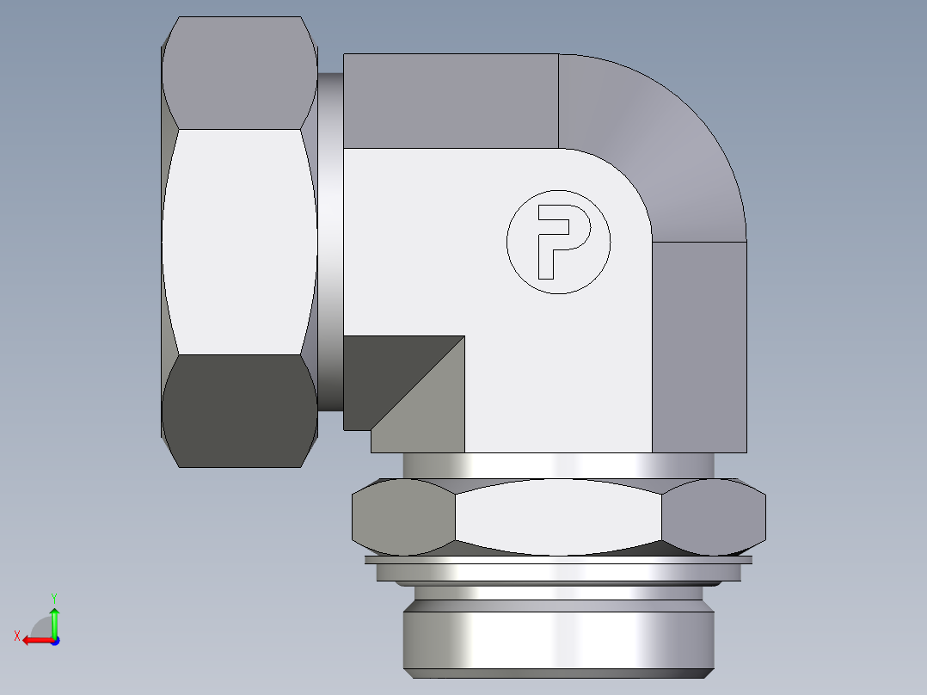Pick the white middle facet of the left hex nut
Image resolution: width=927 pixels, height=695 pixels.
click(x=239, y=241)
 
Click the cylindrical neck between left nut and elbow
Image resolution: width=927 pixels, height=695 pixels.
click(x=330, y=241)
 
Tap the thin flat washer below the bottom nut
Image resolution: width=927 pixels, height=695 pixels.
click(x=559, y=560)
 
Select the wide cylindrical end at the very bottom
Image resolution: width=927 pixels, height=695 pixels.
click(x=559, y=641)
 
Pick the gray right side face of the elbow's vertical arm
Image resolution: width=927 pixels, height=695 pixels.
click(x=699, y=344)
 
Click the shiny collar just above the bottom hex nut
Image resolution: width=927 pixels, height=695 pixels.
click(x=559, y=464)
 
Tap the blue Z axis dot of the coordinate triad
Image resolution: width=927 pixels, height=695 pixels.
click(x=54, y=641)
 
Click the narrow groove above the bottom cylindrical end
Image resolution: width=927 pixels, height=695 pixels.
click(x=559, y=594)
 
